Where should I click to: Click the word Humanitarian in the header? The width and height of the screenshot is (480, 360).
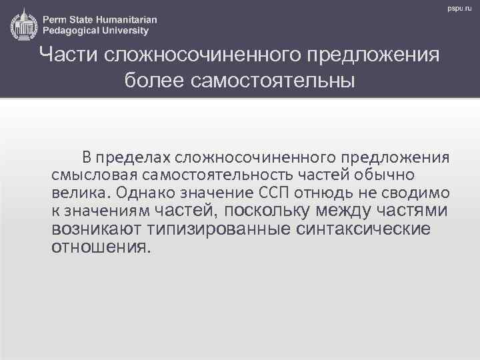126,19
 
